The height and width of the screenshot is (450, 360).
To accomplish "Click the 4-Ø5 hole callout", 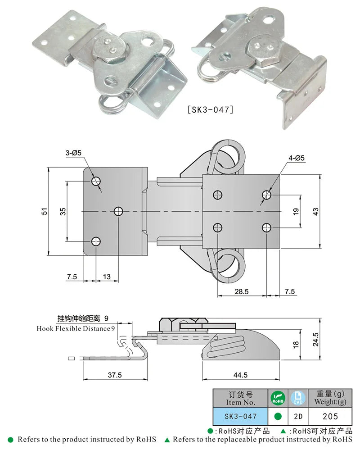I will [x=297, y=158].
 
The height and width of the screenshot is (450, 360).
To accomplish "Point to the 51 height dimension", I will [x=45, y=211].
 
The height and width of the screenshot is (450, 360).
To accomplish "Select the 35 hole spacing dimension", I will [x=63, y=211].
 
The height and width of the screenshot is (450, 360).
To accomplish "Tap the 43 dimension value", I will [x=316, y=211].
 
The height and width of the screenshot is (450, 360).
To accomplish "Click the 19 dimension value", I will [x=296, y=211].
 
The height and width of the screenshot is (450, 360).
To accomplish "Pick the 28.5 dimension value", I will [x=241, y=291].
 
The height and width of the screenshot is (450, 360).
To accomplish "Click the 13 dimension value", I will [x=107, y=277].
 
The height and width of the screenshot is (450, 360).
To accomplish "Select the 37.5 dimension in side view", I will [x=115, y=375].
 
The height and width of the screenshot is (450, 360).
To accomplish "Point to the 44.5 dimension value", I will [x=241, y=375].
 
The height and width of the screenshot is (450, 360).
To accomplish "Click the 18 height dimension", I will [x=296, y=344].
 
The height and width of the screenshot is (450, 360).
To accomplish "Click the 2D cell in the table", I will [x=297, y=417].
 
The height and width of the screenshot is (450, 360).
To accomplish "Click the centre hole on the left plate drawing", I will [x=118, y=211].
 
